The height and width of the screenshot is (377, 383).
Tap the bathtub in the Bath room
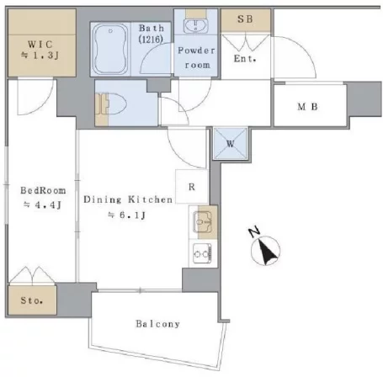110,49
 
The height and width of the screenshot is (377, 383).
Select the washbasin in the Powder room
195,26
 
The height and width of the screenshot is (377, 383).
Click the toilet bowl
115,104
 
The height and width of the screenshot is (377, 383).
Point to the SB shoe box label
245,19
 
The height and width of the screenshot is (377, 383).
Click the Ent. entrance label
245,59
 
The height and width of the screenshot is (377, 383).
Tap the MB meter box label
307,107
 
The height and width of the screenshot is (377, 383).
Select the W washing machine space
230,144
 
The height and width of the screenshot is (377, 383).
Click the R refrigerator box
192,186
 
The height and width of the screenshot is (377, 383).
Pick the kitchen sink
202,222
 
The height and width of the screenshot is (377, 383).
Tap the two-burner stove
202,253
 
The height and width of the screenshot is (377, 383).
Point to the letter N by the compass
254,232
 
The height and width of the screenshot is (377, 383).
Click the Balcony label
157,324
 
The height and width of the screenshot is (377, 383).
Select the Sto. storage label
32,300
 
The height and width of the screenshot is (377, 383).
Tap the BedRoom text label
43,190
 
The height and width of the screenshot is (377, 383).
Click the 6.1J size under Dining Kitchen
127,215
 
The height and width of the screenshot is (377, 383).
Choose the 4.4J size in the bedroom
42,204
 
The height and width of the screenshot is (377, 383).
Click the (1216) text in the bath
151,40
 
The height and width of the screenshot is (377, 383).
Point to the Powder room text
197,57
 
